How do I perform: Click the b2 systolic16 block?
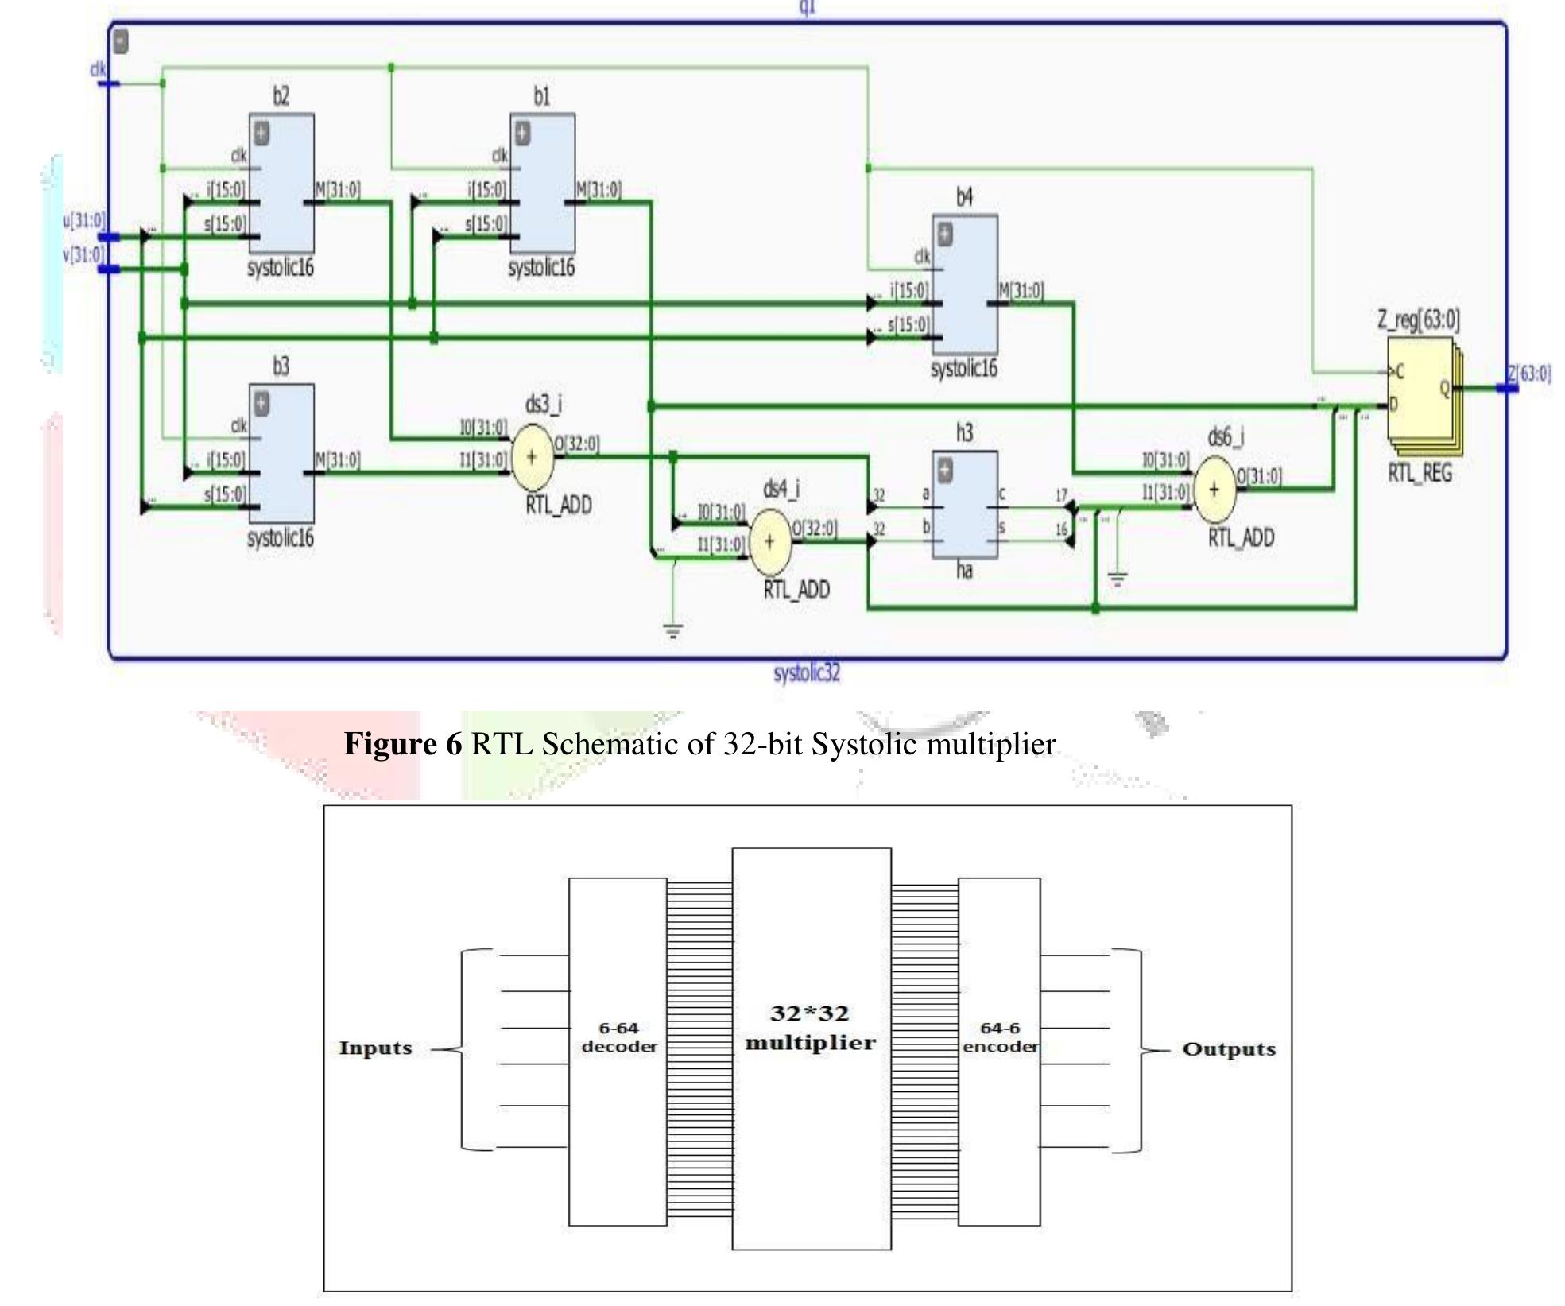(x=281, y=183)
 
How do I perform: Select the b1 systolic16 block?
(x=542, y=183)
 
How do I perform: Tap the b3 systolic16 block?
(x=281, y=453)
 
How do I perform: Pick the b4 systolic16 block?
(x=964, y=284)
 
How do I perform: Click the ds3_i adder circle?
(x=532, y=457)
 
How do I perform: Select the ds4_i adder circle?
(x=769, y=541)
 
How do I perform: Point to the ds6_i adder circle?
(x=1214, y=490)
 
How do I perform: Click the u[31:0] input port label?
(x=83, y=220)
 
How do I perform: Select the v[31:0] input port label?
(x=83, y=254)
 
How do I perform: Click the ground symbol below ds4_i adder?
(x=673, y=632)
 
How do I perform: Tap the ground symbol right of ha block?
(x=1118, y=579)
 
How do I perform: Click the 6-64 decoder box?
(x=618, y=1051)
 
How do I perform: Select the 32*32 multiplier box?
(x=811, y=1048)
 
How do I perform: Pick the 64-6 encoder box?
(x=999, y=1051)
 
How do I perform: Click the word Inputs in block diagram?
(x=375, y=1048)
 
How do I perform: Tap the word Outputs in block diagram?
(x=1229, y=1049)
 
